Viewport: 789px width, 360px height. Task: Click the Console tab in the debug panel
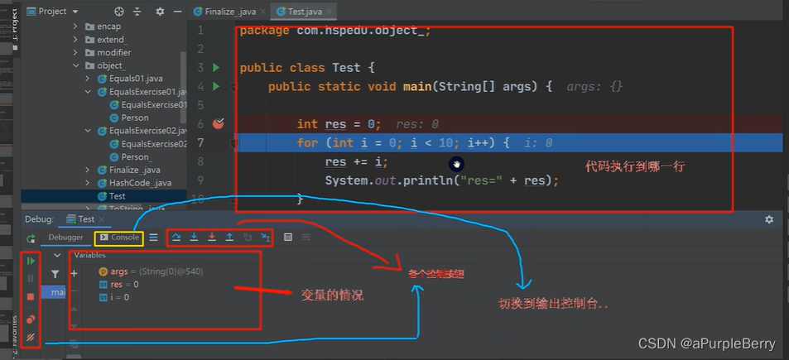pos(119,238)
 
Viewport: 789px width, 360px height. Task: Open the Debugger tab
pos(65,238)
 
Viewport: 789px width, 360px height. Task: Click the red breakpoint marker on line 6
pos(219,124)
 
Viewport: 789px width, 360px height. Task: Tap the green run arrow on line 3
pos(216,68)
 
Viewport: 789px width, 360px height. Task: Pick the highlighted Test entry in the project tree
pos(117,196)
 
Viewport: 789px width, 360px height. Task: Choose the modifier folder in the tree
pos(113,52)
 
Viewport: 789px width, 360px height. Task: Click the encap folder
pos(108,26)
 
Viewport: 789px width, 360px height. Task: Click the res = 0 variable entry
pos(124,285)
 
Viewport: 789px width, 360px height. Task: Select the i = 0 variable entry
pos(119,297)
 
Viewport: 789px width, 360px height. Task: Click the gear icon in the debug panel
pos(769,219)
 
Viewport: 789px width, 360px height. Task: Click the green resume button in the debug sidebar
pos(31,261)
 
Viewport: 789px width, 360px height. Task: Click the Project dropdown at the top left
pos(58,12)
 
